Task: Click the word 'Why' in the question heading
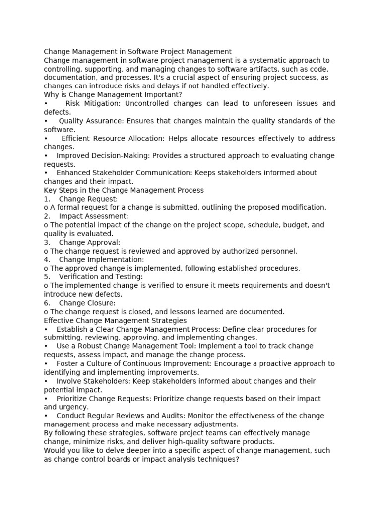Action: (51, 95)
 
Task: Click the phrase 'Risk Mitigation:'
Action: (94, 103)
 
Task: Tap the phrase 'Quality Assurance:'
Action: (91, 121)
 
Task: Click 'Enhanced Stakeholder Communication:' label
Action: (124, 173)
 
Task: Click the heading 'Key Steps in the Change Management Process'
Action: (124, 190)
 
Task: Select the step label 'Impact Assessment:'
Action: (93, 216)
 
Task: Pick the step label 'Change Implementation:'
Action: (101, 259)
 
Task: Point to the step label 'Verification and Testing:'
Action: (101, 277)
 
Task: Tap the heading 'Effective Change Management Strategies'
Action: (115, 321)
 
